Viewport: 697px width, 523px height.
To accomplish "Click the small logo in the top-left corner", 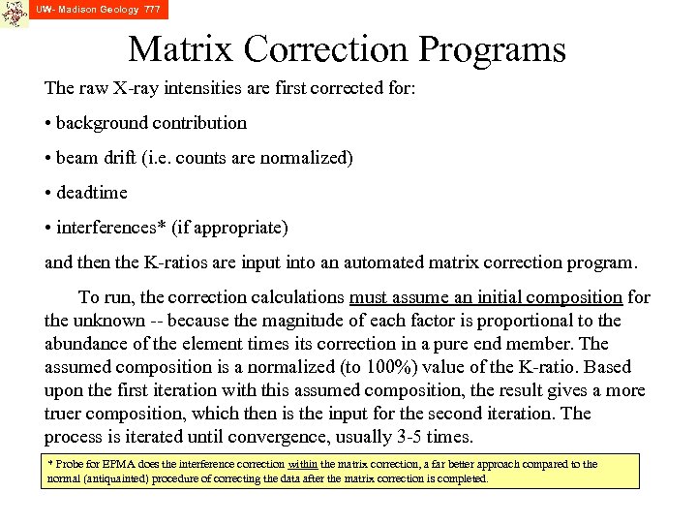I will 14,14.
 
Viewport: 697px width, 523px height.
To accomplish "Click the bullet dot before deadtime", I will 48,193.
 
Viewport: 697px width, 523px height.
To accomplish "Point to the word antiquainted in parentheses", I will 115,478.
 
